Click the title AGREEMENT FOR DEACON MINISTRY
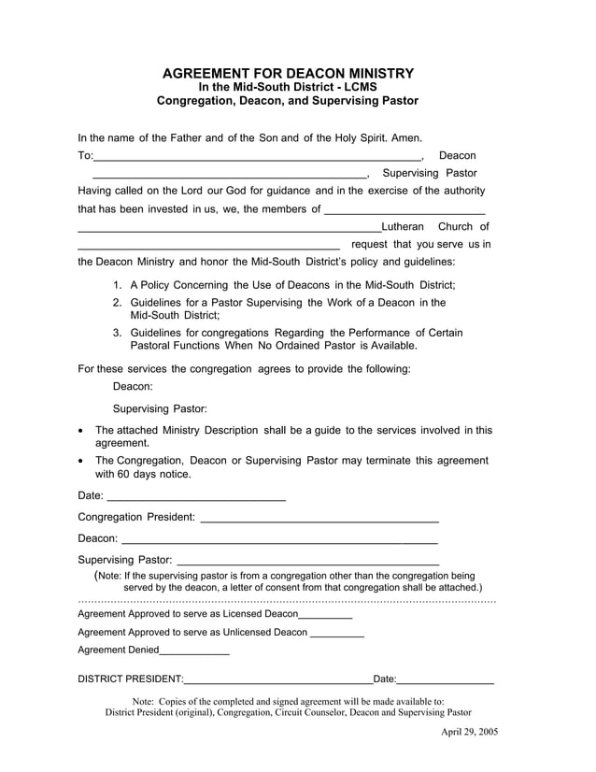pyautogui.click(x=288, y=73)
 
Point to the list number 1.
pyautogui.click(x=117, y=284)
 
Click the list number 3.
pyautogui.click(x=117, y=332)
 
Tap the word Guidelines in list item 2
pyautogui.click(x=156, y=302)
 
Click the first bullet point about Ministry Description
pyautogui.click(x=85, y=432)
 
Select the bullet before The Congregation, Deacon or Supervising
pyautogui.click(x=85, y=462)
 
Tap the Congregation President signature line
pyautogui.click(x=319, y=521)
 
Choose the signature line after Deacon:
pyautogui.click(x=279, y=542)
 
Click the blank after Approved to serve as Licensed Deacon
pyautogui.click(x=325, y=618)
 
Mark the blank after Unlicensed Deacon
pyautogui.click(x=336, y=636)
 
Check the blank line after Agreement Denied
pyautogui.click(x=194, y=653)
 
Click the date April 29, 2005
pyautogui.click(x=469, y=731)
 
